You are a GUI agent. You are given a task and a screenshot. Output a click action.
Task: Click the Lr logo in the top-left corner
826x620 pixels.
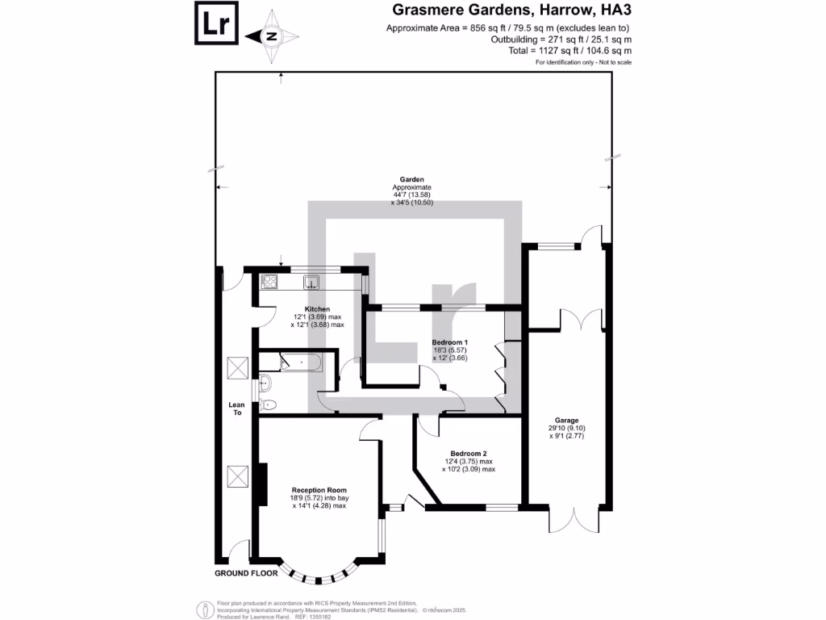click(217, 23)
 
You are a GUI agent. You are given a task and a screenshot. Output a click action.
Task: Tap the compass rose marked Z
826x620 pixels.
click(272, 36)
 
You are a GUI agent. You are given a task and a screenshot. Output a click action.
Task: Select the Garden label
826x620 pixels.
click(412, 180)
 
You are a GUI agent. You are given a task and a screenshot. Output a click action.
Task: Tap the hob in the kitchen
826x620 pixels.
click(269, 283)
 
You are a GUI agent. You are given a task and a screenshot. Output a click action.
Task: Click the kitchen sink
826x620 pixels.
click(311, 283)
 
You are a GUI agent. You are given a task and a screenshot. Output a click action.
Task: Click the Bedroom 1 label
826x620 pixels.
click(449, 342)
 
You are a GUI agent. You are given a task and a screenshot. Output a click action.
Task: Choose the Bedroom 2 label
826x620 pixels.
click(468, 454)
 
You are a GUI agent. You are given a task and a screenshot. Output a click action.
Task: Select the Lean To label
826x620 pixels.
click(236, 408)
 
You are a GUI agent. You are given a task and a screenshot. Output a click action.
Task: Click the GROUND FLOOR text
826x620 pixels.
click(245, 573)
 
